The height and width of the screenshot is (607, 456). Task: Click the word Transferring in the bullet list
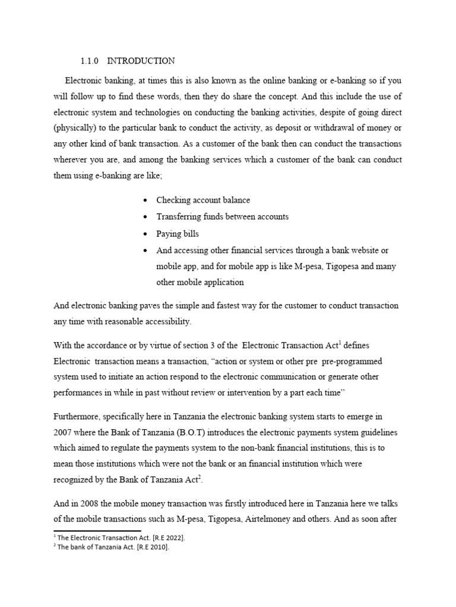pyautogui.click(x=178, y=217)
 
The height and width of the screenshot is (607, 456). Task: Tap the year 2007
pyautogui.click(x=64, y=433)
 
